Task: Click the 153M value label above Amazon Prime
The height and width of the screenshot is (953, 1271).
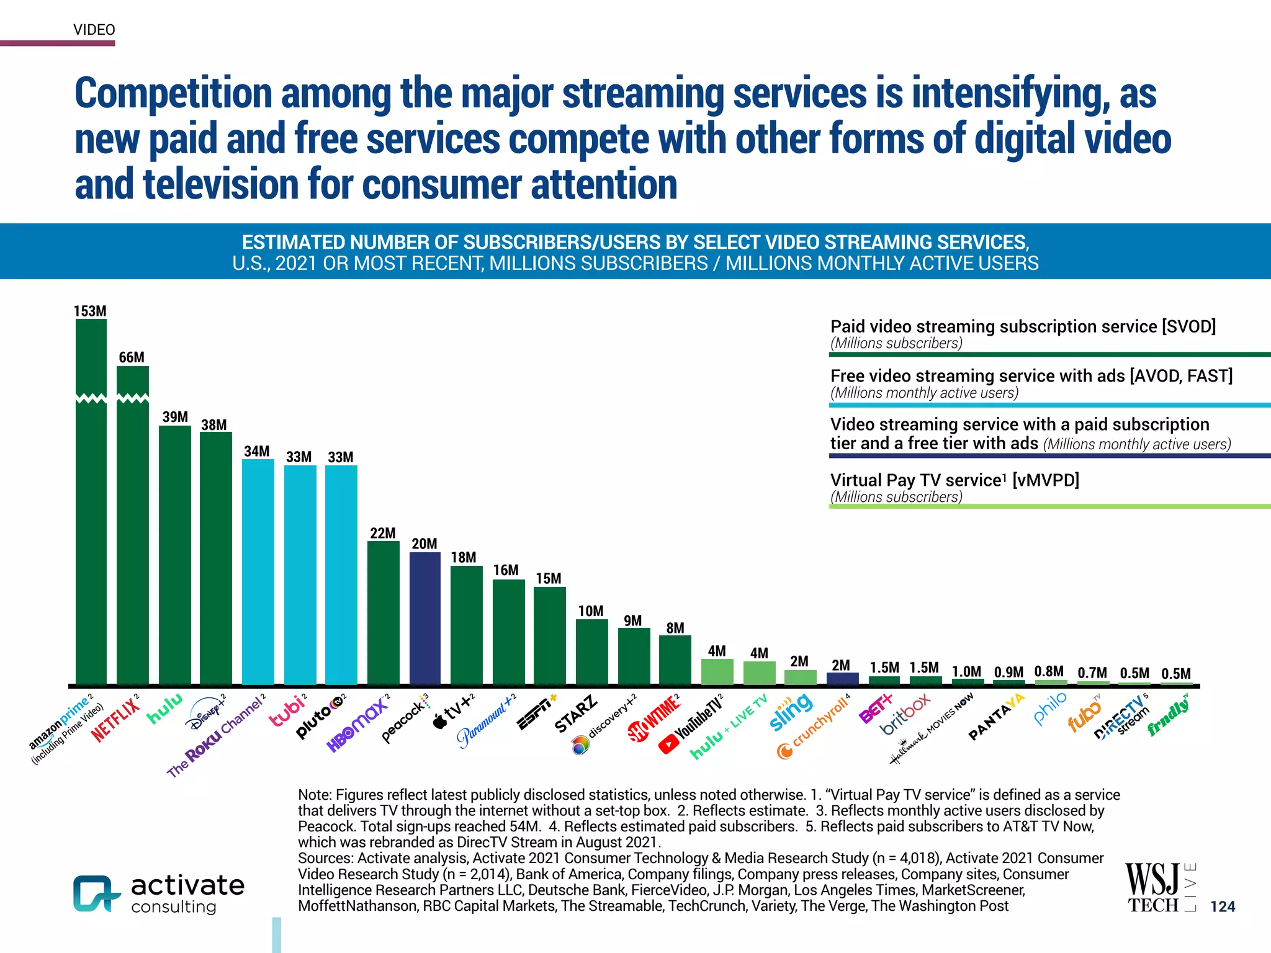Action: pyautogui.click(x=90, y=311)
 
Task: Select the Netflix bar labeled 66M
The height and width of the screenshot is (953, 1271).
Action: pyautogui.click(x=132, y=527)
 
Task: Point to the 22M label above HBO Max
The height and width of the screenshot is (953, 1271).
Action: pyautogui.click(x=383, y=533)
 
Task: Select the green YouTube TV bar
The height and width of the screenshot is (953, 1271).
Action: pyautogui.click(x=717, y=671)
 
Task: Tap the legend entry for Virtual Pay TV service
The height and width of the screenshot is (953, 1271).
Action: pyautogui.click(x=954, y=480)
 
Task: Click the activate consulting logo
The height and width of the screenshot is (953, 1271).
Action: pyautogui.click(x=159, y=893)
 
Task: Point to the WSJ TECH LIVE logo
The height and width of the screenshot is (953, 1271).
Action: pyautogui.click(x=1159, y=887)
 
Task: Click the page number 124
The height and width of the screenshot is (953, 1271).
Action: pyautogui.click(x=1222, y=906)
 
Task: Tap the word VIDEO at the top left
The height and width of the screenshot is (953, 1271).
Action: pyautogui.click(x=94, y=30)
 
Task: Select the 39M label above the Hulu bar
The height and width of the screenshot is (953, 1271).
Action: pyautogui.click(x=175, y=417)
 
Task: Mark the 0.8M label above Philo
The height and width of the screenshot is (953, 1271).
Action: pyautogui.click(x=1049, y=671)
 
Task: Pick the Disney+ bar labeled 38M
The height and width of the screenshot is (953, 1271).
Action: pyautogui.click(x=216, y=558)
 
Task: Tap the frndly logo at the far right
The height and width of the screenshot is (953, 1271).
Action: pyautogui.click(x=1169, y=716)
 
